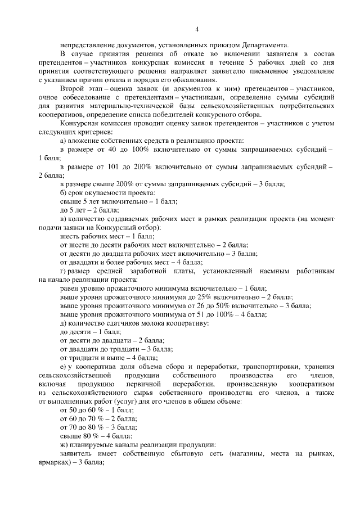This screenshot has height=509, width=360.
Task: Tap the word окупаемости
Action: pyautogui.click(x=99, y=193)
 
